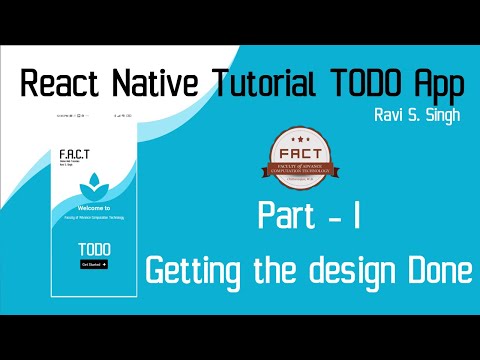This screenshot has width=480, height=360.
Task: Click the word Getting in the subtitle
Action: pos(196,269)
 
